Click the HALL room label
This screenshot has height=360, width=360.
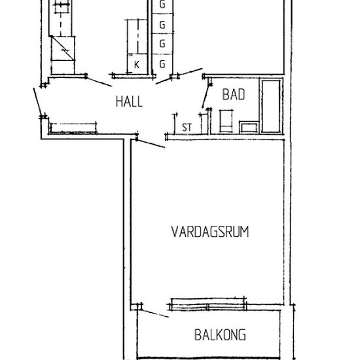point(129,101)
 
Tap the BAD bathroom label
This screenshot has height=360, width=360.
point(234,95)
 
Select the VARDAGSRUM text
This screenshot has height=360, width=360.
point(210,232)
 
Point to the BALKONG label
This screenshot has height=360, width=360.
point(220,335)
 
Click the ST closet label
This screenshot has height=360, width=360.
point(187,126)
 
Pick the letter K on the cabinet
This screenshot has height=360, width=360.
point(137,64)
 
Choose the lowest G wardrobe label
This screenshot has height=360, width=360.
point(162,64)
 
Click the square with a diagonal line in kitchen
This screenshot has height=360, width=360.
point(63,48)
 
